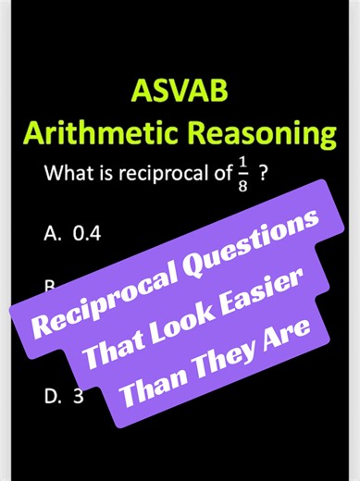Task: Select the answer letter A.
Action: [x=51, y=232]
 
